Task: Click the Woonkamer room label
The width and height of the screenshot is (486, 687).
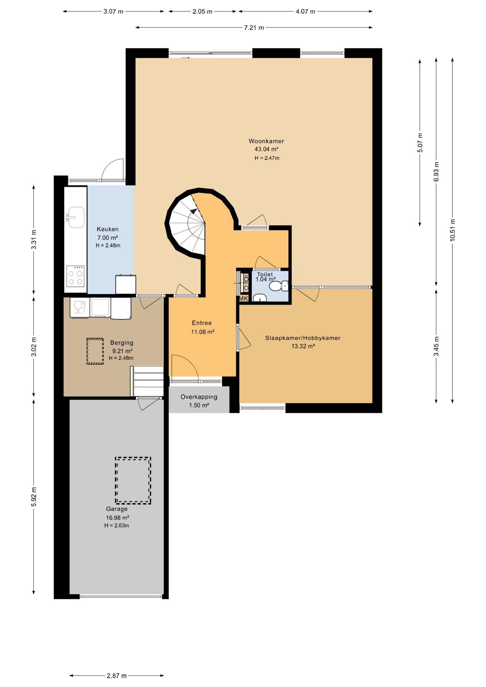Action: click(266, 141)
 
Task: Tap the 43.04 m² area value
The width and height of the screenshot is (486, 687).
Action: click(266, 149)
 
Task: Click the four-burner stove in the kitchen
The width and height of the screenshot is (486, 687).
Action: click(76, 276)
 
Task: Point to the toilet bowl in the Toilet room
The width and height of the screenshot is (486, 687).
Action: click(278, 286)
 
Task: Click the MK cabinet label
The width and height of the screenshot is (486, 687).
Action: click(243, 298)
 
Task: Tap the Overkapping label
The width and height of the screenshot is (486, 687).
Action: click(199, 397)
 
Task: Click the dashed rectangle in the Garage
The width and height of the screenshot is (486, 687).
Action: click(133, 480)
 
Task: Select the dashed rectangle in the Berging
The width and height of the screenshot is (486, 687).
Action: click(95, 351)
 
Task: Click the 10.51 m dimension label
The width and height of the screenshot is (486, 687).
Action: click(452, 230)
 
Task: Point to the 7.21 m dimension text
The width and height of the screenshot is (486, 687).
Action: click(254, 28)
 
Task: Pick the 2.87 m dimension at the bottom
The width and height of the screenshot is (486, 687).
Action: click(117, 676)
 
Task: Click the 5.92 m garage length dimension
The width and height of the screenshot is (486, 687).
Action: click(34, 497)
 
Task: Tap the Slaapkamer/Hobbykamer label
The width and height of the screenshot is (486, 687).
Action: click(303, 338)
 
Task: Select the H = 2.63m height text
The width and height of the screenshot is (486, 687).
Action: click(117, 526)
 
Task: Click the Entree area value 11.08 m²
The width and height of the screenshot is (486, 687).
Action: click(203, 332)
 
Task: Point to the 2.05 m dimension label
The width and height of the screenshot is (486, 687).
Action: click(202, 11)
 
